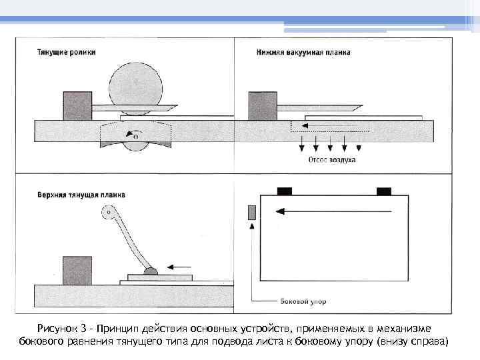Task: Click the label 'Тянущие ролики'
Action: (x=67, y=52)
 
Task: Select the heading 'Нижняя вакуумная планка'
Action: (x=303, y=52)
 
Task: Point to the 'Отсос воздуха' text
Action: (x=331, y=160)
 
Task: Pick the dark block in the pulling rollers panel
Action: (x=77, y=105)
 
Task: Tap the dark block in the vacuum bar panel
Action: (x=262, y=105)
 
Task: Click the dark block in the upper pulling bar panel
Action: (x=77, y=270)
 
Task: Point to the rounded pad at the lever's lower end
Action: (x=151, y=271)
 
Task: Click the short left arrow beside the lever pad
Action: (x=178, y=267)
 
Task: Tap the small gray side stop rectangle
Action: (x=251, y=212)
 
